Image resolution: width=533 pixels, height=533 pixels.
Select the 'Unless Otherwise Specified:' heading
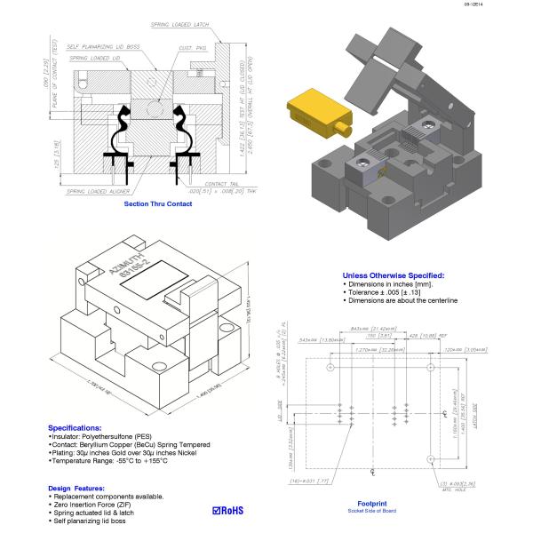(393, 276)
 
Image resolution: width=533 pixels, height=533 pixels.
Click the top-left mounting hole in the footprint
(306, 367)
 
